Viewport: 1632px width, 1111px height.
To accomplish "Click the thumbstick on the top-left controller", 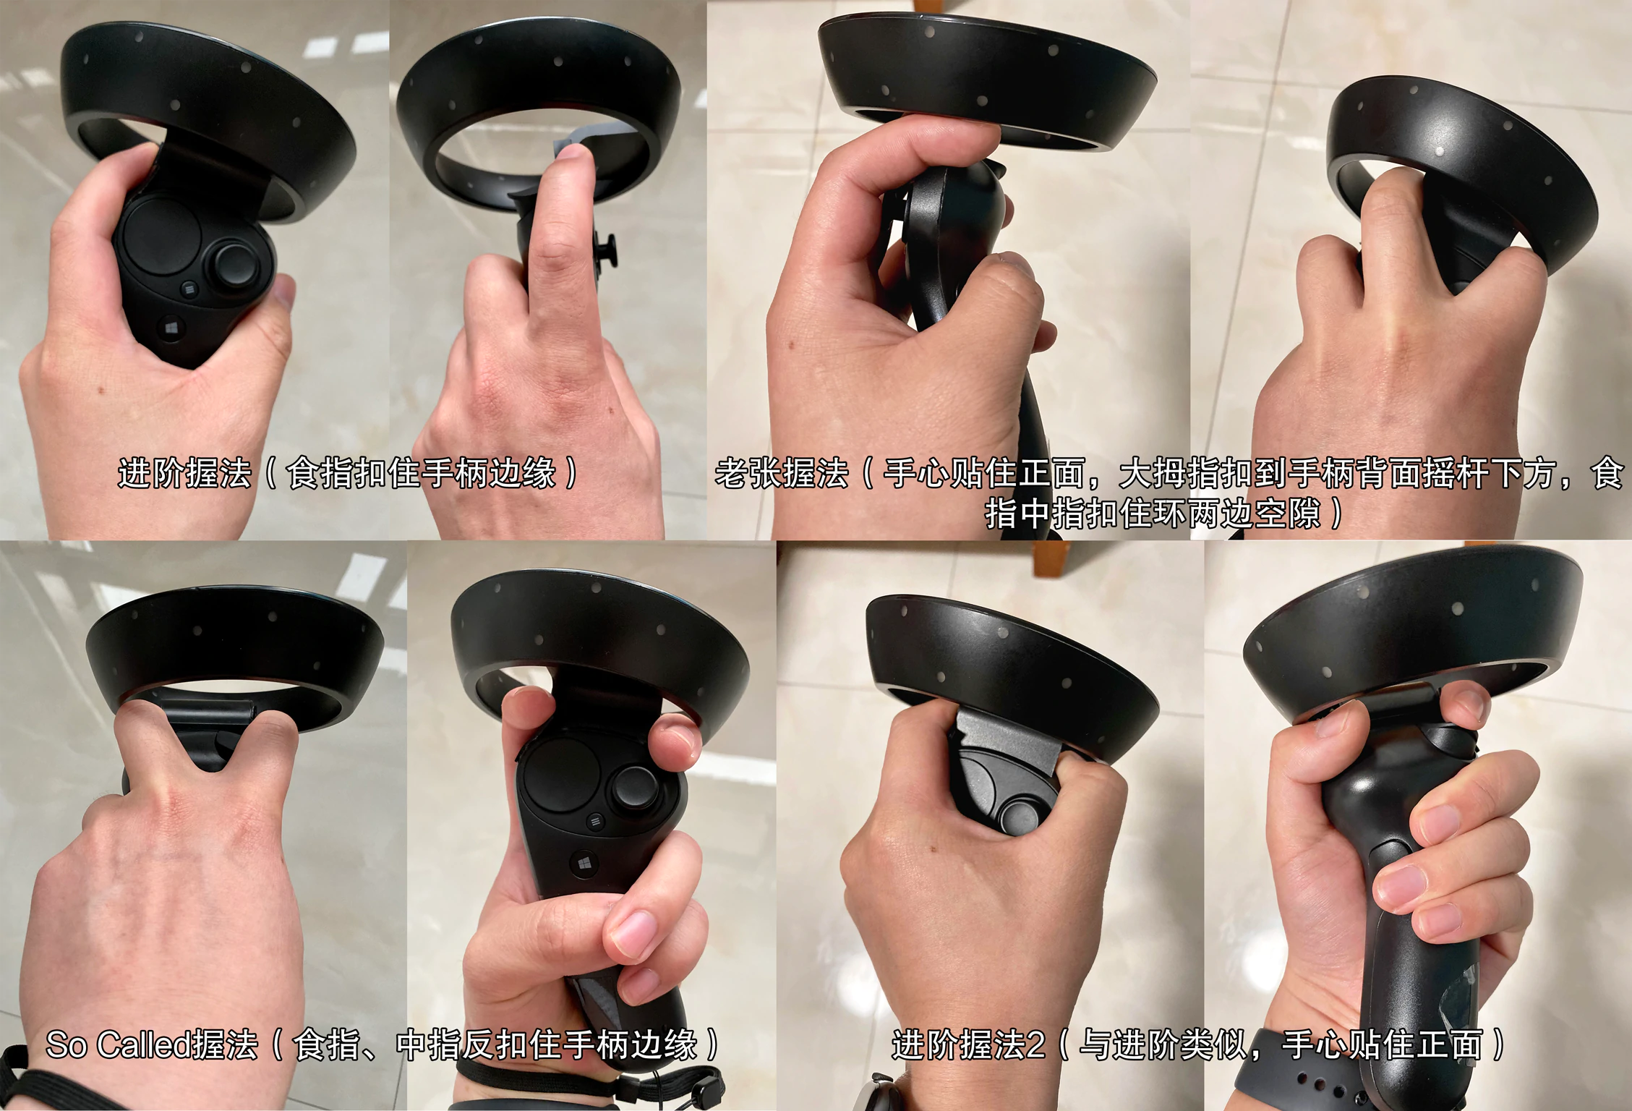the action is pos(235,265).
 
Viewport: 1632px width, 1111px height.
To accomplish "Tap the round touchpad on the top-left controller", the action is pos(161,234).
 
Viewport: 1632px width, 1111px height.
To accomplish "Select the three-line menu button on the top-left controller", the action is pos(189,289).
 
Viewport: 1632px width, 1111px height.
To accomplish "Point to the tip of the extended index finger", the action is pos(573,153).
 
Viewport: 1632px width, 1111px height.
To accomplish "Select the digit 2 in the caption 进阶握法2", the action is pos(1035,1045).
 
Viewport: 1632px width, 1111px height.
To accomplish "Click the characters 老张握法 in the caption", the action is pos(782,474).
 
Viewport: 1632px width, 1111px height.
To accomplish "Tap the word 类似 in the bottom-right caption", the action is pos(1214,1045).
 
